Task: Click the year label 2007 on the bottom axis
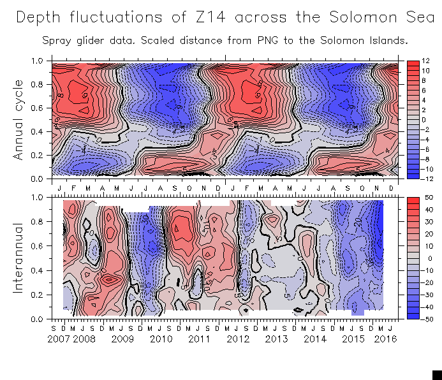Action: [59, 340]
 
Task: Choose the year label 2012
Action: [237, 340]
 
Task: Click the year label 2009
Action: [122, 340]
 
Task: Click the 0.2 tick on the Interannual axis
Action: [39, 295]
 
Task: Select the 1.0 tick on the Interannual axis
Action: [39, 198]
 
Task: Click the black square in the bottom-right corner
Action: [437, 375]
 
